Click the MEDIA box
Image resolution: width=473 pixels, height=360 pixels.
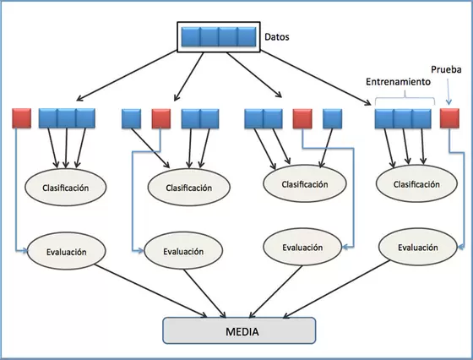coord(239,330)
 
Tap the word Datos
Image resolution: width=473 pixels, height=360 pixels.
coord(277,37)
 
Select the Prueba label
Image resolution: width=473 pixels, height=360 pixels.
coord(446,69)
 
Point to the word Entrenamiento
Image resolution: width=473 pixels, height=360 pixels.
coord(398,82)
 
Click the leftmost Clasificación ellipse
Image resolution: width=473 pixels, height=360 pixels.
coord(66,187)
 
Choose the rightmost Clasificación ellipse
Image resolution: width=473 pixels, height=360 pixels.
coord(416,183)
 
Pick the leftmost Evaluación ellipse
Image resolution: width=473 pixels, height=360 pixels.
coord(67,251)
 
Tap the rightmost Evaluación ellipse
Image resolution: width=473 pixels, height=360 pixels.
coord(418,247)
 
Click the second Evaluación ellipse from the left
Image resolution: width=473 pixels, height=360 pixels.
coord(183,250)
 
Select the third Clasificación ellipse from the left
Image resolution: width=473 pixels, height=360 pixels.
coord(305,183)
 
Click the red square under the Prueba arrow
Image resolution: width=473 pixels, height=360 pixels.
coord(449,118)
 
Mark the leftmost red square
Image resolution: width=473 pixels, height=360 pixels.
coord(21,118)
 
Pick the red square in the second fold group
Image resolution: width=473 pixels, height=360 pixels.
coord(161,118)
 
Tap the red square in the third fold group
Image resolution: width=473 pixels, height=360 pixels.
coord(302,118)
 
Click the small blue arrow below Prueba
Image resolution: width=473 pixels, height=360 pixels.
coord(449,92)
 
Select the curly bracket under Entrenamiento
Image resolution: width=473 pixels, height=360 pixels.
coord(405,98)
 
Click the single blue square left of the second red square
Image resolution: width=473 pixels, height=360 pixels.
coord(131,118)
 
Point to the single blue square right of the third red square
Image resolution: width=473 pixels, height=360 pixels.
coord(333,118)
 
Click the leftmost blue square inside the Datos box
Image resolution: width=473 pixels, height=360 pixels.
coord(191,37)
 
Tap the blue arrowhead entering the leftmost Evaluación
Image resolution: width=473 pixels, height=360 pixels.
coord(24,250)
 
